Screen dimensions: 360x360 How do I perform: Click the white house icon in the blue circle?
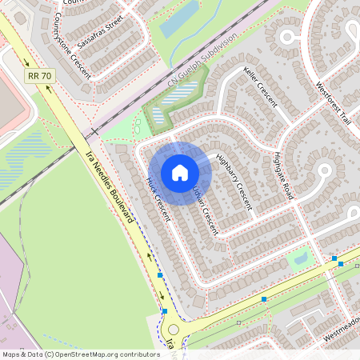(180, 173)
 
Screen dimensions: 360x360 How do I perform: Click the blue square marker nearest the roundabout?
(165, 310)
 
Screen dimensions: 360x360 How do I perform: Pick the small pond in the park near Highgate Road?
(301, 258)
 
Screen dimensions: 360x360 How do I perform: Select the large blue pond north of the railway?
(178, 22)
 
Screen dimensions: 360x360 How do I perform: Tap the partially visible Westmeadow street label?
(341, 335)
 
